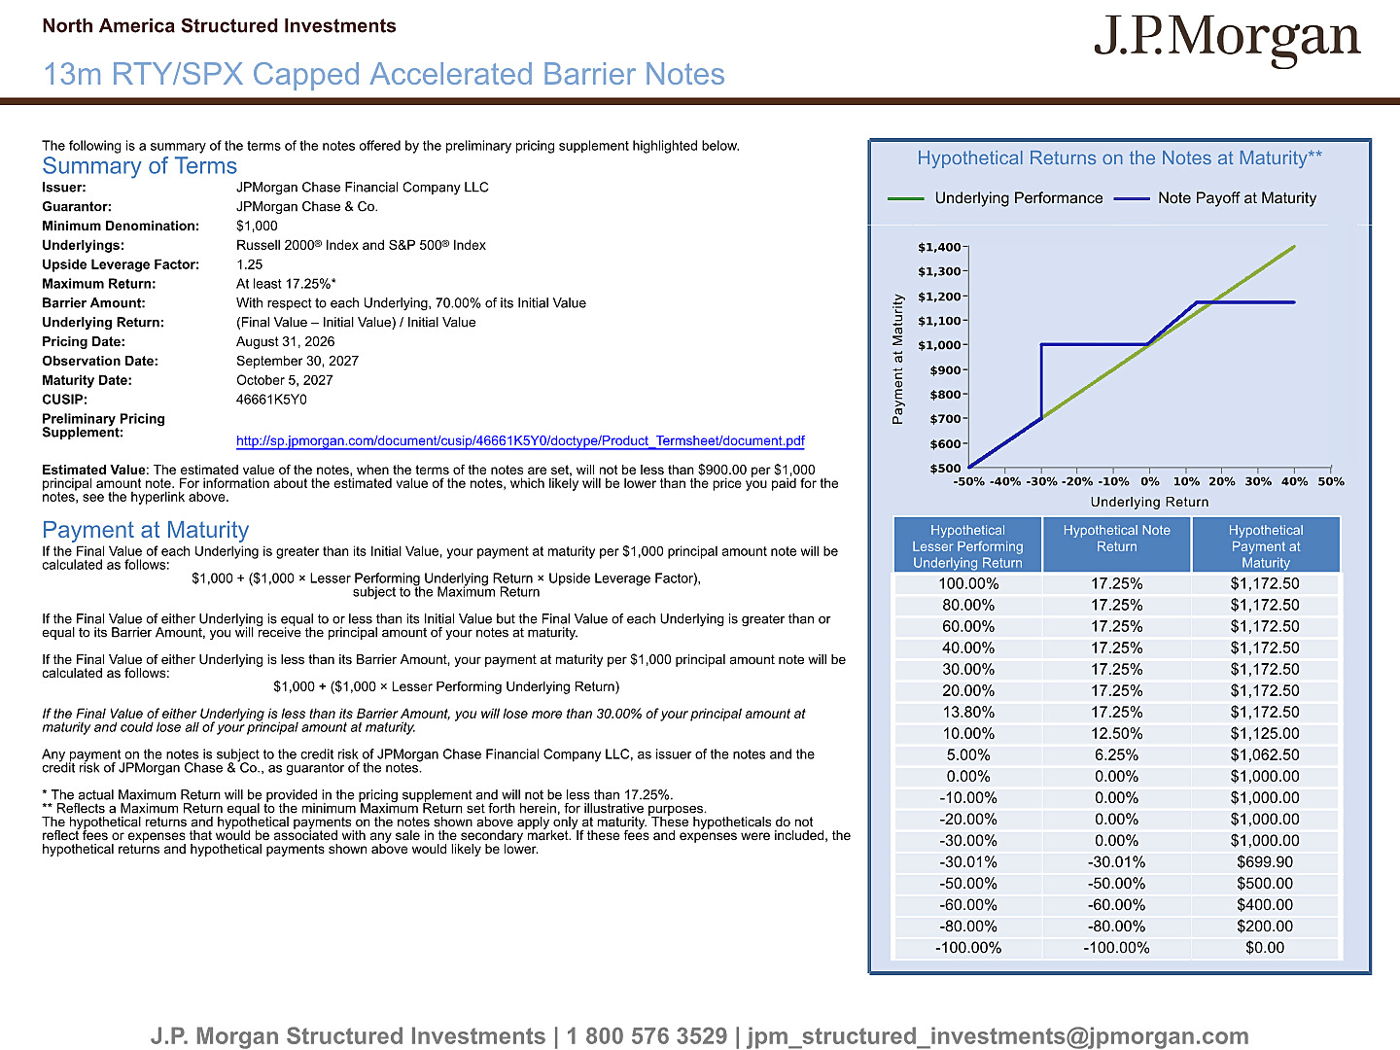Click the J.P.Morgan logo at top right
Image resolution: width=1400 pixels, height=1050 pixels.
tap(1227, 40)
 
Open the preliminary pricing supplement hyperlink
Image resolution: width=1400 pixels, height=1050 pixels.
tap(520, 440)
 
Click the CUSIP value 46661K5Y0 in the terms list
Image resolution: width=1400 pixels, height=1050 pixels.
tap(271, 400)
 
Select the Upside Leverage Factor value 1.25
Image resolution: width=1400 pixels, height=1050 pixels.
tap(250, 264)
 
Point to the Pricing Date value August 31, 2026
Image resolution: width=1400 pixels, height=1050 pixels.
tap(285, 341)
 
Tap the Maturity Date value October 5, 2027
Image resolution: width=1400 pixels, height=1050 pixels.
tap(285, 380)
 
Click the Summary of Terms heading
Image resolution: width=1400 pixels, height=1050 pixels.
tap(140, 165)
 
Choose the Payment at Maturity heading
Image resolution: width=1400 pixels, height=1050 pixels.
tap(146, 530)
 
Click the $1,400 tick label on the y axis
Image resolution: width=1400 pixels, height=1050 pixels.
tap(939, 247)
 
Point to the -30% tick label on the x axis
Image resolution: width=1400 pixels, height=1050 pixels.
tap(1041, 482)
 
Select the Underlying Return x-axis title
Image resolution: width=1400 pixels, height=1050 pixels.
tap(1149, 503)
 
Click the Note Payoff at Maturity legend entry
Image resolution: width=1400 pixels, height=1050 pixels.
tap(1215, 198)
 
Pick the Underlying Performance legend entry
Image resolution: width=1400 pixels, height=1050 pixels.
tap(995, 198)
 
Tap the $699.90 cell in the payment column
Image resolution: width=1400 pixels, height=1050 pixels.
tap(1265, 862)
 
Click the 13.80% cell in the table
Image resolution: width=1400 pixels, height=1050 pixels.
tap(968, 712)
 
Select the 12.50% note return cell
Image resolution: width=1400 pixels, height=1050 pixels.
tap(1116, 734)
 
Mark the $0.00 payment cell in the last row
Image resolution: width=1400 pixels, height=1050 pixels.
tap(1265, 948)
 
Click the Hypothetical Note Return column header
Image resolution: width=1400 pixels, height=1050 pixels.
tap(1116, 539)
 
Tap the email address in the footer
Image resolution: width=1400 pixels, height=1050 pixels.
tap(997, 1036)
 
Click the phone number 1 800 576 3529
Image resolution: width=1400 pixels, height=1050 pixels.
tap(647, 1036)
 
